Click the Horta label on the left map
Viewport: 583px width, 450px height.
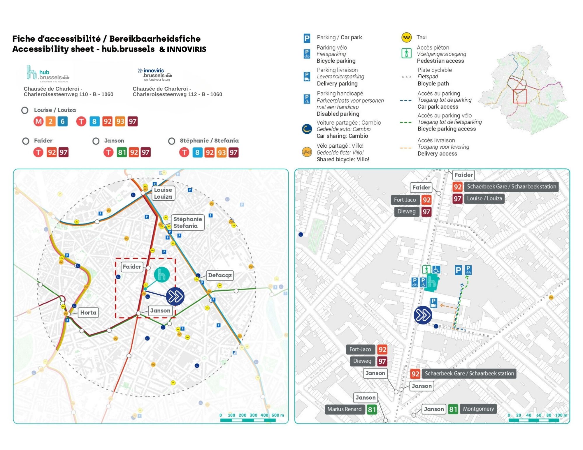pos(88,313)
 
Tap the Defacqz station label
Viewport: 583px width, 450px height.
pos(220,275)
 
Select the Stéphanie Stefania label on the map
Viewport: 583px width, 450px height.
pos(187,223)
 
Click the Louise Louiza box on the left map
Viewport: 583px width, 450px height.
pos(163,193)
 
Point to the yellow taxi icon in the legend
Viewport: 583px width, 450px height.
pos(406,37)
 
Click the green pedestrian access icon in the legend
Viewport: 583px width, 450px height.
pos(406,53)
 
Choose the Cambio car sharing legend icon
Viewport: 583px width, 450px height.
pos(307,129)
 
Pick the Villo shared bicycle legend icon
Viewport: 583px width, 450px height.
pos(307,152)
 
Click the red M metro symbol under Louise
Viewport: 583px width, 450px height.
pos(38,121)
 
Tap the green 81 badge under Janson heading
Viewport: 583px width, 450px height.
pos(122,152)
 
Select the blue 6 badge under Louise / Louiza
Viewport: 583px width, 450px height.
pos(62,121)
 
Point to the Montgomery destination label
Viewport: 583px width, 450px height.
pos(478,409)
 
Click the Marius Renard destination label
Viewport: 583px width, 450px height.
pos(344,409)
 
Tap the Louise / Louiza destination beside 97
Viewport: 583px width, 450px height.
pos(484,199)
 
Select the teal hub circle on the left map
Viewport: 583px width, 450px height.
pos(162,275)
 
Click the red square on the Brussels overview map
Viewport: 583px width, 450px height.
pos(520,96)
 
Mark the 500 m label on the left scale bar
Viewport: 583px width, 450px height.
pos(278,415)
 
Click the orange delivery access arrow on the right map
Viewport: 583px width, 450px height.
pos(447,306)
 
